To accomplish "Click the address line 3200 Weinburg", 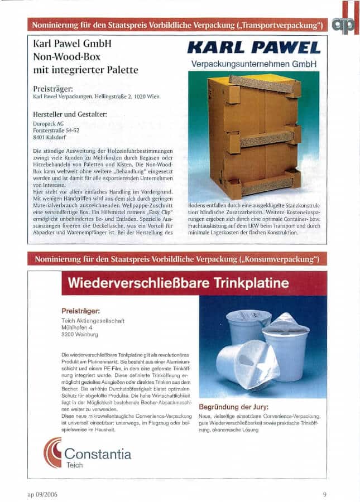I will click(80, 334).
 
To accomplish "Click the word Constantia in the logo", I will click(98, 452).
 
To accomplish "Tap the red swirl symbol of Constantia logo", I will click(53, 452).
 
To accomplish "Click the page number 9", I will click(324, 494).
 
